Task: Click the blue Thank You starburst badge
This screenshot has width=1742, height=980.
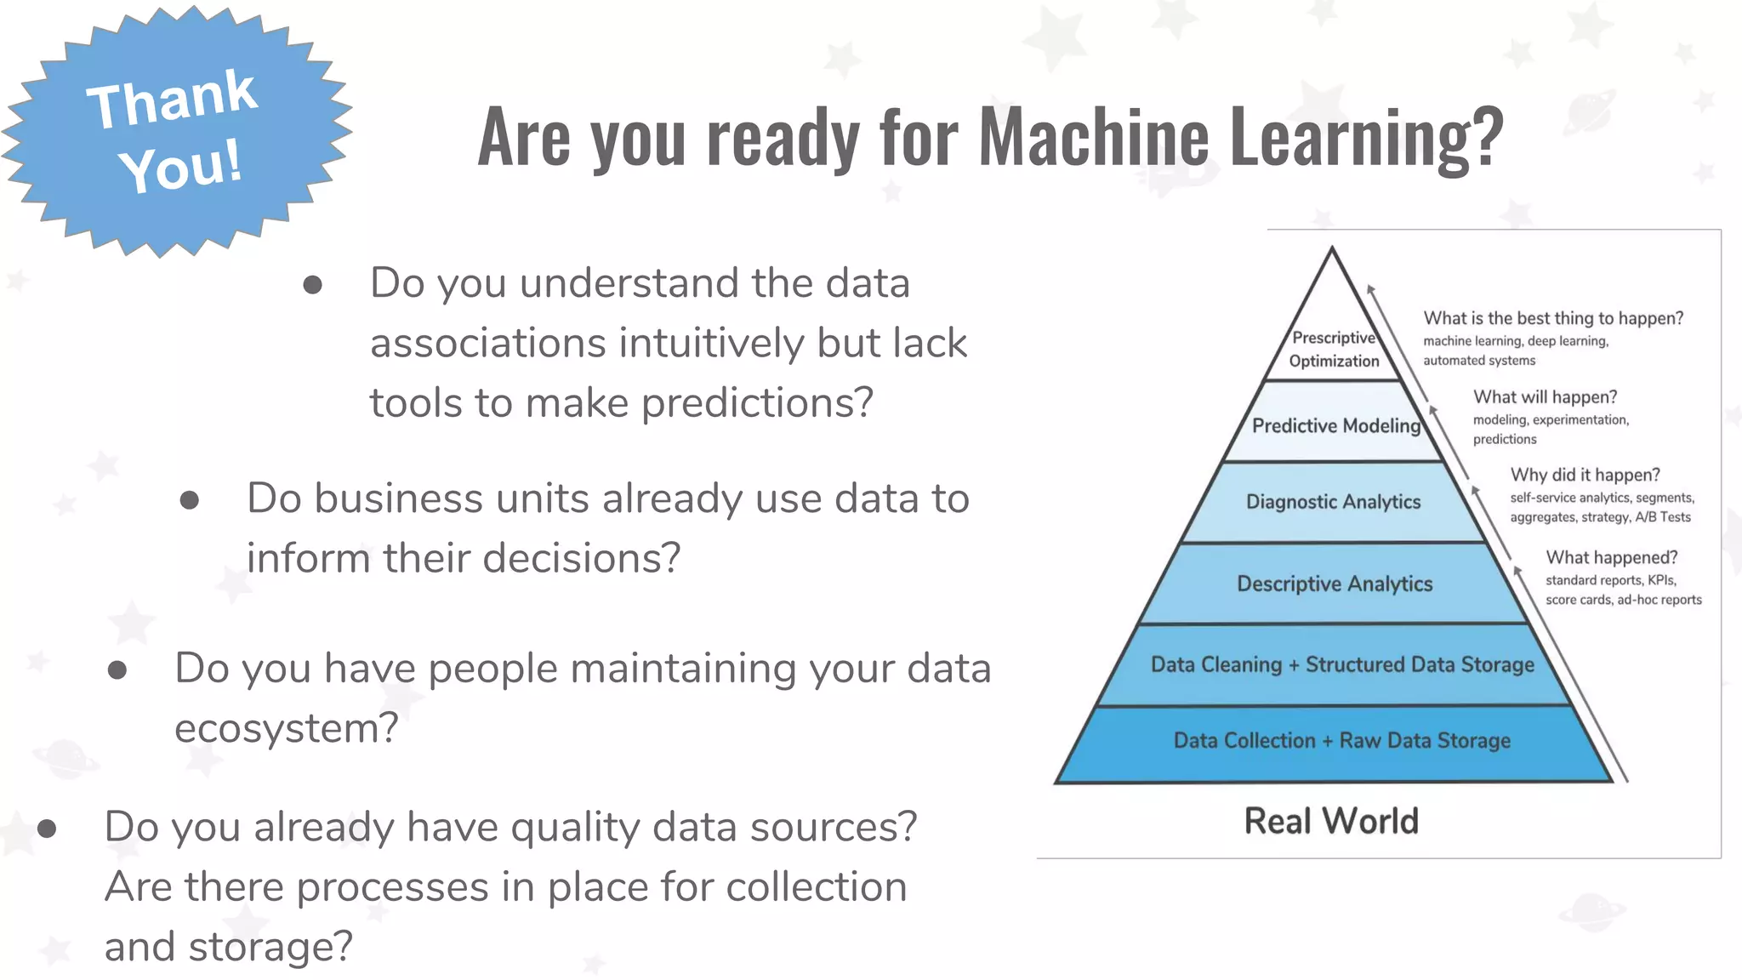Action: coord(174,132)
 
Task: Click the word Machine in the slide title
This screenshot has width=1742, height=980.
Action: coord(1093,136)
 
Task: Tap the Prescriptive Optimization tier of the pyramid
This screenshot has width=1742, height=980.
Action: coord(1333,349)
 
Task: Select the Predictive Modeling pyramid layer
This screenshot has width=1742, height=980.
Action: coord(1335,425)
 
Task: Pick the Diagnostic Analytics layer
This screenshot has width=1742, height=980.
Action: coord(1333,502)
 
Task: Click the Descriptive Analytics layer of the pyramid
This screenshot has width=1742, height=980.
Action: coord(1334,584)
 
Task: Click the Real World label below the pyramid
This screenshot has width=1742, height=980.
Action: coord(1331,821)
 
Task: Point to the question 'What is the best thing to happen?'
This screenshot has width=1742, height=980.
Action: coord(1553,318)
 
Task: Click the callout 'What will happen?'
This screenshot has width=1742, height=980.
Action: coord(1545,397)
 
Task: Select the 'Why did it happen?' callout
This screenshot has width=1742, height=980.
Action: coord(1585,475)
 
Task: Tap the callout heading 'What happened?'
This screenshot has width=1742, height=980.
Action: coord(1611,557)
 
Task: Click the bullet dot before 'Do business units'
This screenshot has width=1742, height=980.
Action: coord(190,500)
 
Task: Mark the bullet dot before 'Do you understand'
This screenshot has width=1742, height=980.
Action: coord(312,285)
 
